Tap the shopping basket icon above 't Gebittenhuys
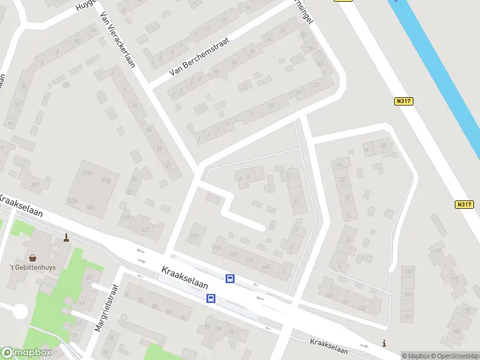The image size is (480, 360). (x=32, y=257)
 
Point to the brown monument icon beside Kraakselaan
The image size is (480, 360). (x=66, y=238)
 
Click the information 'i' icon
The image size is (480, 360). (x=384, y=343)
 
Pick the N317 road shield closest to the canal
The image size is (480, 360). (x=404, y=101)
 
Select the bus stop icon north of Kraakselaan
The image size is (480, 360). (x=230, y=278)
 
